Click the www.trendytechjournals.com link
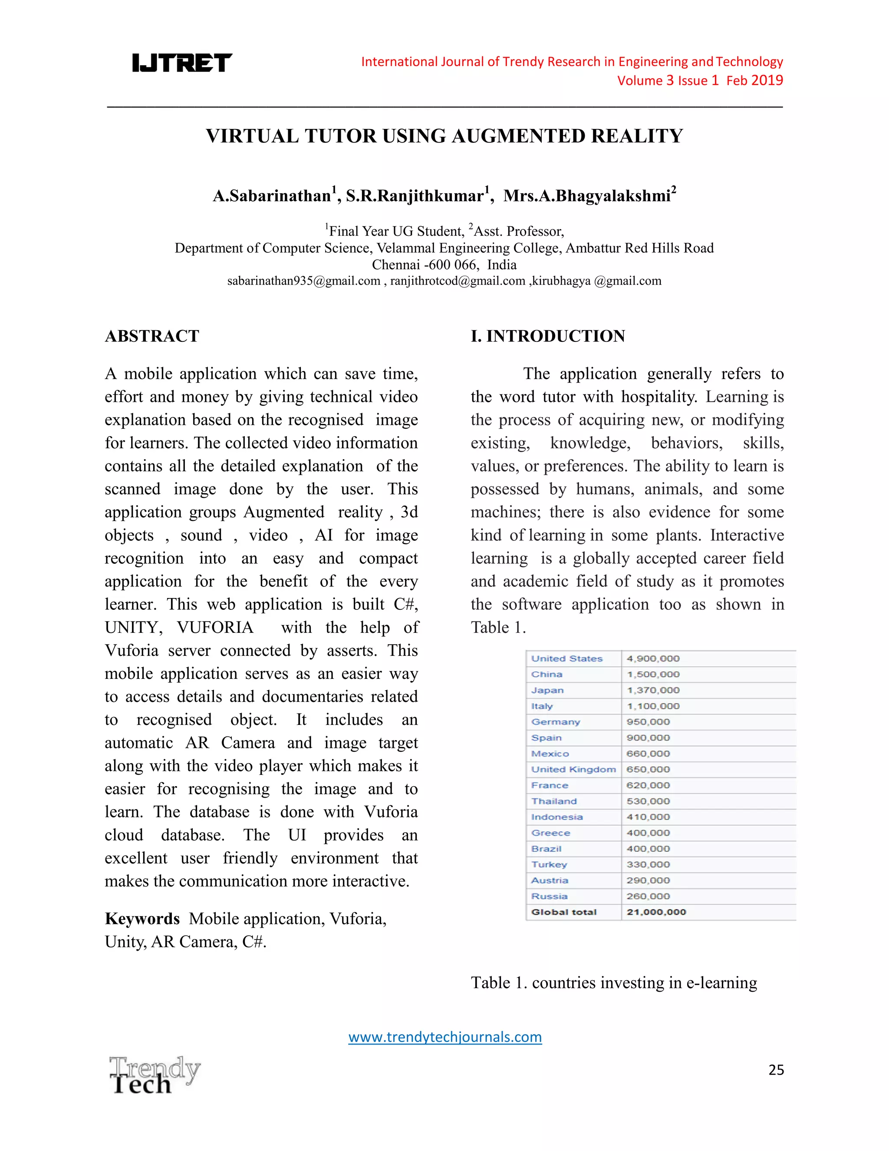445,1037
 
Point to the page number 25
776,1070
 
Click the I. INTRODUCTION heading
548,336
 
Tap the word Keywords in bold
142,919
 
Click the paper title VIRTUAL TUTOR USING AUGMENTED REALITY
444,136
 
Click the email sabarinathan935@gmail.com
303,281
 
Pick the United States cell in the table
566,659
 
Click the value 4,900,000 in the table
653,659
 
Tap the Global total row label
563,912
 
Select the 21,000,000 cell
656,912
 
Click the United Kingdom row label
573,770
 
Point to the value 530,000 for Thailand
648,801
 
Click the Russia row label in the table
549,896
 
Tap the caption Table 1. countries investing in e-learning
613,983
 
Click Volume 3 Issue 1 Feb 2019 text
700,81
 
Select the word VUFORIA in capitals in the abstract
215,628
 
